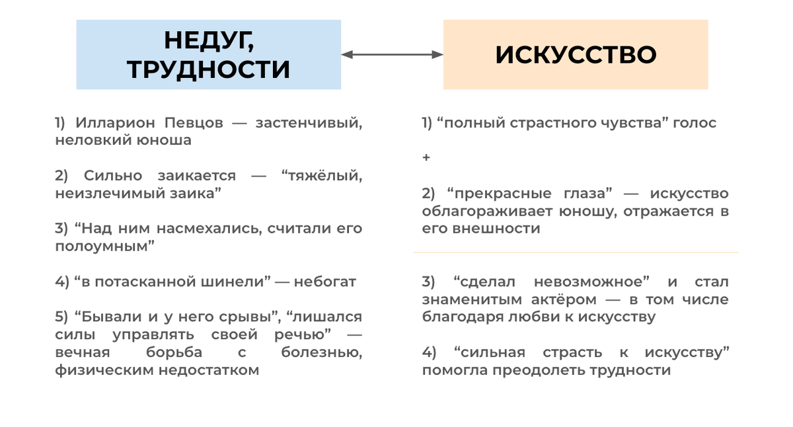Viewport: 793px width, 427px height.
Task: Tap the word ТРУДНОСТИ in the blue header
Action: [x=209, y=69]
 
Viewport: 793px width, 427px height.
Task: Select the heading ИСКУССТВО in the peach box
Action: [x=576, y=55]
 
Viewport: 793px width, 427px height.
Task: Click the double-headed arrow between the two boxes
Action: [x=392, y=55]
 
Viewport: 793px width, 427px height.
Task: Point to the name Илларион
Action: [x=112, y=123]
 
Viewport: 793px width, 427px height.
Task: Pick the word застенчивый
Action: [x=309, y=123]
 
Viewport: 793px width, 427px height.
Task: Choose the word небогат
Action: [x=325, y=282]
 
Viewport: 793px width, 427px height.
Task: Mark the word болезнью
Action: [x=321, y=352]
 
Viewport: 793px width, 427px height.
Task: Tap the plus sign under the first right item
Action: [x=426, y=158]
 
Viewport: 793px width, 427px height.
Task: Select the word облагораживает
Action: [x=472, y=212]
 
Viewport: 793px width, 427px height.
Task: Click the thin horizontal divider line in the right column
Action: [x=575, y=252]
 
